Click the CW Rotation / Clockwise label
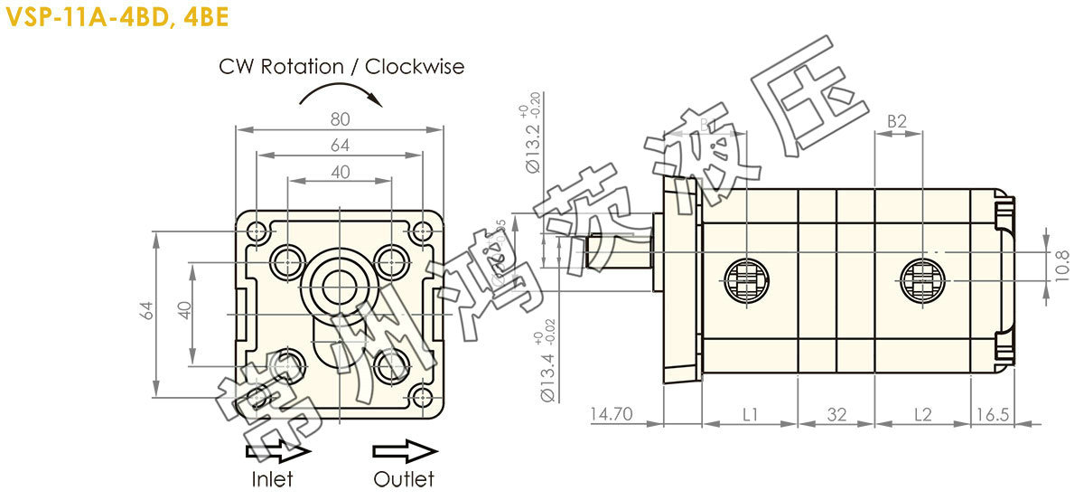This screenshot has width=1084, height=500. tap(341, 67)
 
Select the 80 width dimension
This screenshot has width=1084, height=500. tap(340, 118)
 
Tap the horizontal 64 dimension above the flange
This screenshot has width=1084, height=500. tap(340, 145)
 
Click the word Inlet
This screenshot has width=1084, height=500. tap(272, 479)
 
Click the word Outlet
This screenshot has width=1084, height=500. tap(404, 479)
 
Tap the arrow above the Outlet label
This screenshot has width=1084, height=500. tap(405, 451)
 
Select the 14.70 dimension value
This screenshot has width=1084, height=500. tap(612, 414)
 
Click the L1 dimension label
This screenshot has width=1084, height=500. tap(750, 414)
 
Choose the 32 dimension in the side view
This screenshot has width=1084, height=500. tap(836, 414)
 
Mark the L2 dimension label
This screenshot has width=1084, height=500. tap(922, 414)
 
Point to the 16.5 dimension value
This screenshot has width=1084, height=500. tap(991, 414)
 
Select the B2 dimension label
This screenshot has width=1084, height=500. tap(897, 121)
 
